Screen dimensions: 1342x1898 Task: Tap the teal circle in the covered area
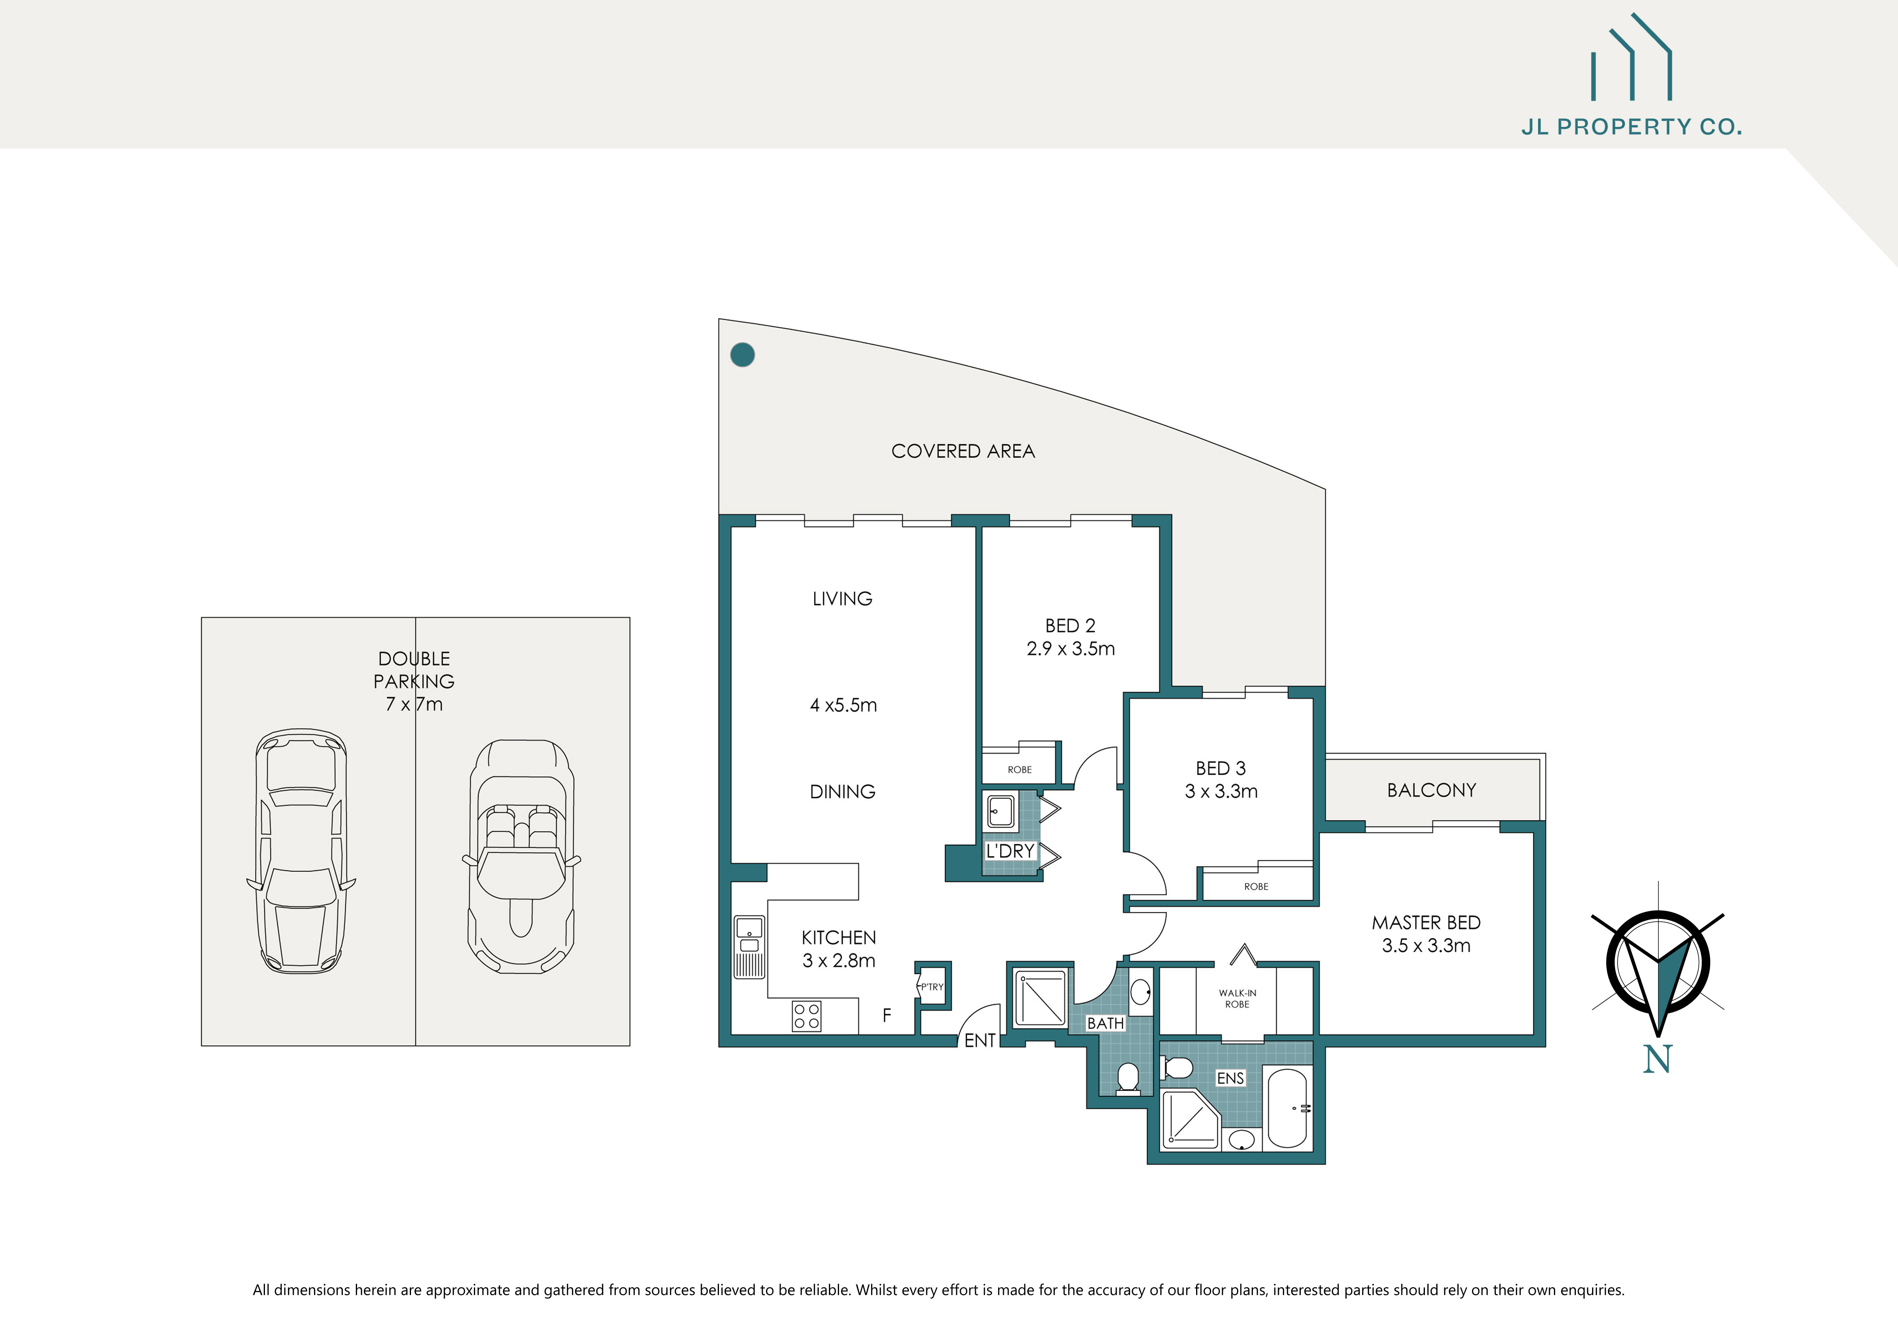[742, 355]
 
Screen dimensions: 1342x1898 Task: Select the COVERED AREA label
[962, 451]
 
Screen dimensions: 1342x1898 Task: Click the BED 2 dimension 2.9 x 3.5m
[1071, 649]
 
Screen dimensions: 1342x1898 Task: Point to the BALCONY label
[1431, 790]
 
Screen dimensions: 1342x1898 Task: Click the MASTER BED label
[1426, 922]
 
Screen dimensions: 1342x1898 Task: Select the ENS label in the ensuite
[1230, 1078]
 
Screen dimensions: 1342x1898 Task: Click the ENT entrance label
[979, 1041]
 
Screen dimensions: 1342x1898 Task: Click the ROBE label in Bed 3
[1256, 887]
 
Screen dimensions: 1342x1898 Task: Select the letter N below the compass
[1657, 1059]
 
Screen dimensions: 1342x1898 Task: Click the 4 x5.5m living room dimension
[843, 705]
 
